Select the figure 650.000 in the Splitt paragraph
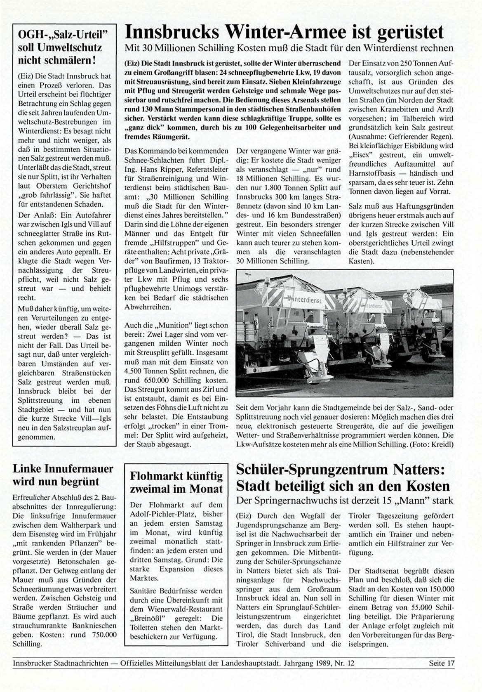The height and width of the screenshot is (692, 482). pos(163,380)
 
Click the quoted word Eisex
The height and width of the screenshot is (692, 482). pos(360,155)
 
